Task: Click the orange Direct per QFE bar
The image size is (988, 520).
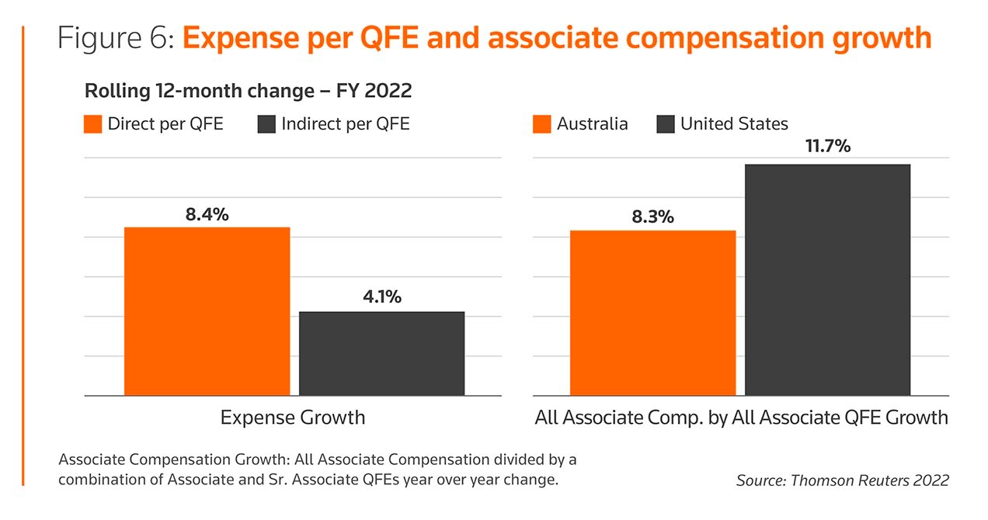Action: (x=207, y=311)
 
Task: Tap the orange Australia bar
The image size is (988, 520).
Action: (x=652, y=313)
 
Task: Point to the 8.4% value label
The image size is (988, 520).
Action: (x=207, y=215)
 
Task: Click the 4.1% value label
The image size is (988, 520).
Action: (x=381, y=296)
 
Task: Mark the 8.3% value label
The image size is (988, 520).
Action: (x=652, y=217)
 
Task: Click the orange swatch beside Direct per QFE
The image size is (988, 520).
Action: (x=92, y=124)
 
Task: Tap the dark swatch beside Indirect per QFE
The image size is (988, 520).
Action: (x=266, y=124)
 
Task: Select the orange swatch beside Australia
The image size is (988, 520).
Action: (x=541, y=124)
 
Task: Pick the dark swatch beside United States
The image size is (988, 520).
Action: (x=665, y=124)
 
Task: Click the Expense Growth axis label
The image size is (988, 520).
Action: (x=292, y=418)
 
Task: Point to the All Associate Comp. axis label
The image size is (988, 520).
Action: (x=741, y=418)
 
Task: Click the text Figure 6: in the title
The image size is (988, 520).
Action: (x=116, y=38)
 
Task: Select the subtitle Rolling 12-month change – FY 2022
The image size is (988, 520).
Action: (x=248, y=91)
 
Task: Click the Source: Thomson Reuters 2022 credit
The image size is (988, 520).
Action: (x=842, y=480)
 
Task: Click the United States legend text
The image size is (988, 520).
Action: (x=734, y=124)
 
